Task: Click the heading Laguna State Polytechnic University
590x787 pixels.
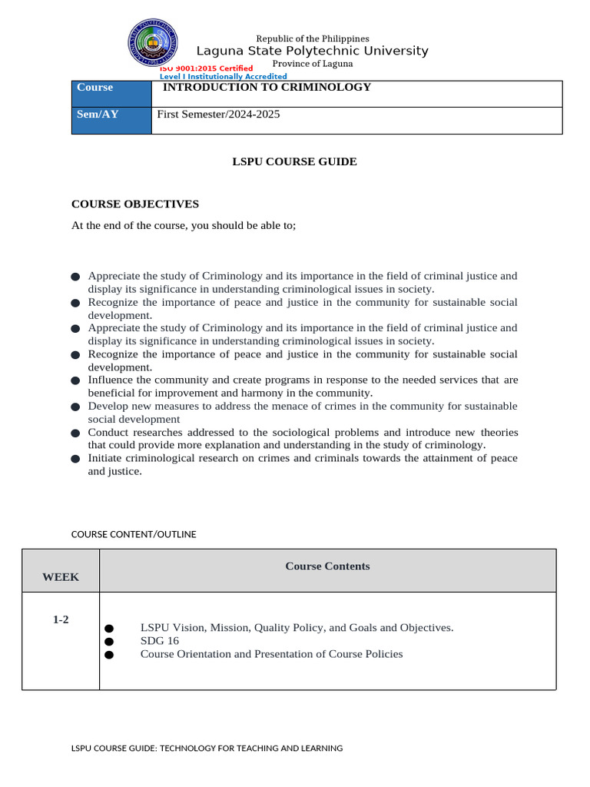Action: (312, 51)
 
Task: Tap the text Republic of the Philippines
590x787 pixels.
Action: (312, 38)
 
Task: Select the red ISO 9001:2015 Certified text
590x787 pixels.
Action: (207, 68)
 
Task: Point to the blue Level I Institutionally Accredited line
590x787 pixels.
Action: (223, 77)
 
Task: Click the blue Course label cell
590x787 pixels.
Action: (111, 93)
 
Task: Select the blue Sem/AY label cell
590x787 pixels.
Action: (111, 121)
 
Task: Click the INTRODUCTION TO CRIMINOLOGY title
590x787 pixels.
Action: (267, 87)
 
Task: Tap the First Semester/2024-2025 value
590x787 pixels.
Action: (218, 115)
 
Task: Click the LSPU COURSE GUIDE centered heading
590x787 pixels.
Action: (295, 161)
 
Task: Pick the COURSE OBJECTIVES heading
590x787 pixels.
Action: (135, 204)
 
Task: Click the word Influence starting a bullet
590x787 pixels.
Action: (111, 380)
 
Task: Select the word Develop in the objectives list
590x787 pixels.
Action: (108, 406)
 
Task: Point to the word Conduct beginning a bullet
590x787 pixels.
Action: (108, 432)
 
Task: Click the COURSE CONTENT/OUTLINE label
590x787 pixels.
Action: (134, 534)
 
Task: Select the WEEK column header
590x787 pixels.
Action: (61, 577)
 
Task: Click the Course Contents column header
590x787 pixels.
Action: (327, 566)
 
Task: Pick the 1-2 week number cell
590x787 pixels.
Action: (61, 619)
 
